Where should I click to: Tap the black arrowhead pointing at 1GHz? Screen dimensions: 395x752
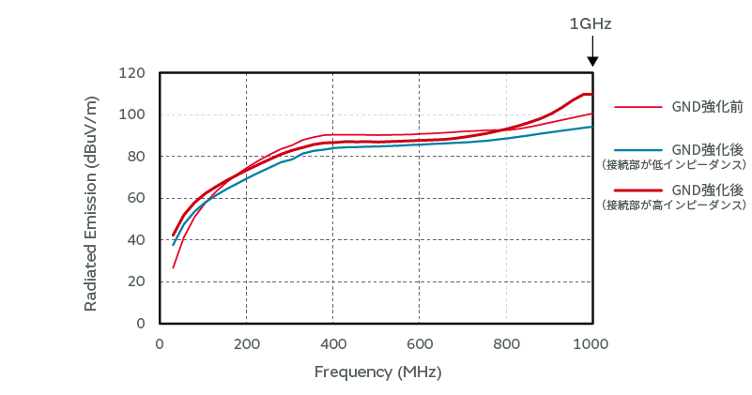tap(592, 62)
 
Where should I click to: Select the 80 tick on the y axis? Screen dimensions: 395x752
tap(136, 157)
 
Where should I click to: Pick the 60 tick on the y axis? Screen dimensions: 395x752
tap(136, 198)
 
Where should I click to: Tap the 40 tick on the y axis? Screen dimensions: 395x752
tap(136, 240)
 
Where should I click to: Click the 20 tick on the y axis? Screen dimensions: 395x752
tap(136, 281)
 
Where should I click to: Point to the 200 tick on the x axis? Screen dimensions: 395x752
tap(246, 343)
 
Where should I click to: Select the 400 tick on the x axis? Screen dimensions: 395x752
tap(332, 343)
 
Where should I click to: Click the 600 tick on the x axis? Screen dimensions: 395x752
tap(420, 343)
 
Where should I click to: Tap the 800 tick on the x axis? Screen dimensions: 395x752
tap(506, 343)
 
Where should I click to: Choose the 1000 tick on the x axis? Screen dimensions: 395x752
tap(591, 343)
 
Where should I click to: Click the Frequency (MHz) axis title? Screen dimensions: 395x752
tap(377, 372)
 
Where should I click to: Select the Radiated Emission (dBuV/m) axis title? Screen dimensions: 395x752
tap(91, 198)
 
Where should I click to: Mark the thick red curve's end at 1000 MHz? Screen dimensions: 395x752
tap(591, 94)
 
